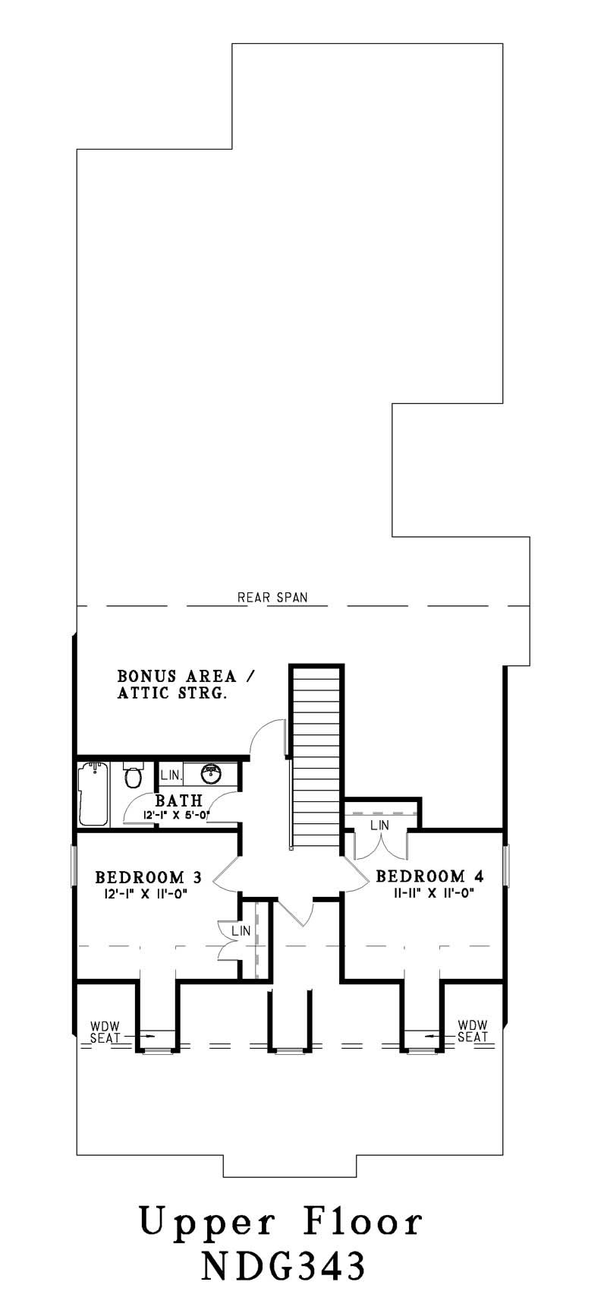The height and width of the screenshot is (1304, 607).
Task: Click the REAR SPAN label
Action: point(273,597)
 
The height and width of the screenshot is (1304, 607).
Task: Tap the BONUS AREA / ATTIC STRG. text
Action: point(177,684)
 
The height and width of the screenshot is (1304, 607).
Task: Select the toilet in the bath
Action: point(133,777)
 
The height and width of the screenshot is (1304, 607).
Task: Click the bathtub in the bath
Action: point(94,794)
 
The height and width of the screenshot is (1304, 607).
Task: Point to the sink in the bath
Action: point(211,774)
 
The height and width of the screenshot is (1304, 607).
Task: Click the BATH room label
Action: point(179,800)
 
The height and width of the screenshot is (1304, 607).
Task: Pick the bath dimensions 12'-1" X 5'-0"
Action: point(177,815)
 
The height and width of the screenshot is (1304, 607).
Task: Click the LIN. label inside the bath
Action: point(171,775)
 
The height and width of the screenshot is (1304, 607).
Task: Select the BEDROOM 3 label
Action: point(148,877)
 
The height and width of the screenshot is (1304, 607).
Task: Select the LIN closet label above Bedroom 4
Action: point(380,825)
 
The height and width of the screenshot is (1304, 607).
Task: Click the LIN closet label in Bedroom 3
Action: point(241,930)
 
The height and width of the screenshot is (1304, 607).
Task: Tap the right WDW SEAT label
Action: point(473,1031)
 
